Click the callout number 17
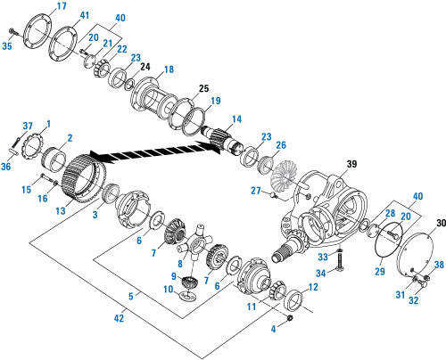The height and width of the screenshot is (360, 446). [62, 6]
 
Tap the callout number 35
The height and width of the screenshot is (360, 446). [7, 46]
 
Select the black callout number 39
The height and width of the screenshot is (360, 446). [351, 164]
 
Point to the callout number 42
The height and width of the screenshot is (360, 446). [119, 318]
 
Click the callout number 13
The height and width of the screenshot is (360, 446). [61, 210]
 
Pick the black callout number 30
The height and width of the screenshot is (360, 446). [442, 223]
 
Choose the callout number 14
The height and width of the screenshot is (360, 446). [236, 119]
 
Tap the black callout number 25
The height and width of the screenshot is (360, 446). [203, 88]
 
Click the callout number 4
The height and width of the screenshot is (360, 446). [274, 329]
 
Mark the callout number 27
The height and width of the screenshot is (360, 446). [256, 191]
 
